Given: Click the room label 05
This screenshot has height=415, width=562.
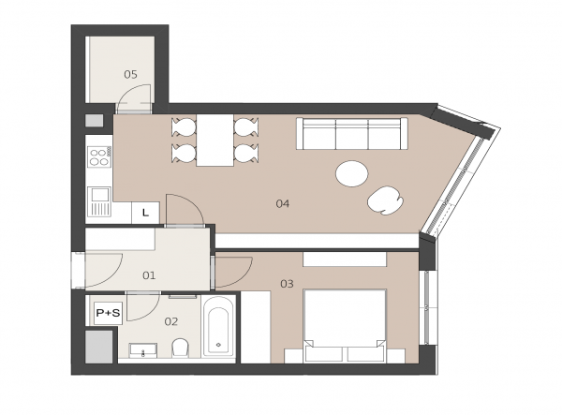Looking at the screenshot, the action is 130,75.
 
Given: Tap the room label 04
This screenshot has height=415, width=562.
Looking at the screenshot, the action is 283,204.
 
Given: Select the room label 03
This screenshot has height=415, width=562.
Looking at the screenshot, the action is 287,284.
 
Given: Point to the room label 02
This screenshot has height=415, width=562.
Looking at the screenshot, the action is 171,322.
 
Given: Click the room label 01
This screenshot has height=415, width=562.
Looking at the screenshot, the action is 149,275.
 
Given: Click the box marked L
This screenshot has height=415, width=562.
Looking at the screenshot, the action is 145,213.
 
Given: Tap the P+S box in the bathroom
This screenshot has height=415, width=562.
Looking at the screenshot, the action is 108,313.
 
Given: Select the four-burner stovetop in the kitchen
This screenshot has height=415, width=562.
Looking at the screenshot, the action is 99,157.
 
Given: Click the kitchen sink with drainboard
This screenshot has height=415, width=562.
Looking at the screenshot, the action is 99,201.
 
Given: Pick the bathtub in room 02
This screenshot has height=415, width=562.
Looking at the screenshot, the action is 218,326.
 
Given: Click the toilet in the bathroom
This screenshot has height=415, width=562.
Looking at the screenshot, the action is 180,348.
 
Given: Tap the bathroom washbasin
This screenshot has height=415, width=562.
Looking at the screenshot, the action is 143,350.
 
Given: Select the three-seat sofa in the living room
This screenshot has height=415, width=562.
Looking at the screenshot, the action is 352,133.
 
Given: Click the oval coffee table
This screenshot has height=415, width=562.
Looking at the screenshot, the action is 351,174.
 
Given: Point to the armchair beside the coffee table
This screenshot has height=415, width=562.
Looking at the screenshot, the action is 385,200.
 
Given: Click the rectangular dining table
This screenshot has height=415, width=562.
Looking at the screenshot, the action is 215,141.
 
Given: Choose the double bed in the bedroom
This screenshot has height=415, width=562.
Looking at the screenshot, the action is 345,326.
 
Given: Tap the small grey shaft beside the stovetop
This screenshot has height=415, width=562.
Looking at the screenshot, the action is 95,121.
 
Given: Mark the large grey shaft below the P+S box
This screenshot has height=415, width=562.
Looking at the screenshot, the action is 99,347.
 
